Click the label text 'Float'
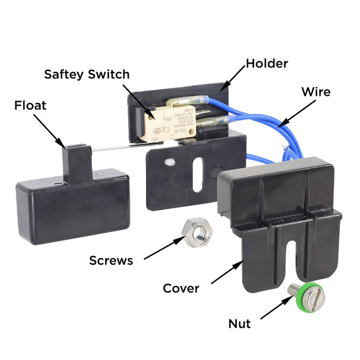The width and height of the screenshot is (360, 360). coord(31,106)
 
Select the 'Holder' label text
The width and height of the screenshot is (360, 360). coord(266,62)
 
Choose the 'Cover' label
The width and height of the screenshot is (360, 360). coord(181,288)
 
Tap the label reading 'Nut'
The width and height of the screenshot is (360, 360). coord(239,323)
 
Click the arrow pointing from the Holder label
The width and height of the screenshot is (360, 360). coord(232,77)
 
